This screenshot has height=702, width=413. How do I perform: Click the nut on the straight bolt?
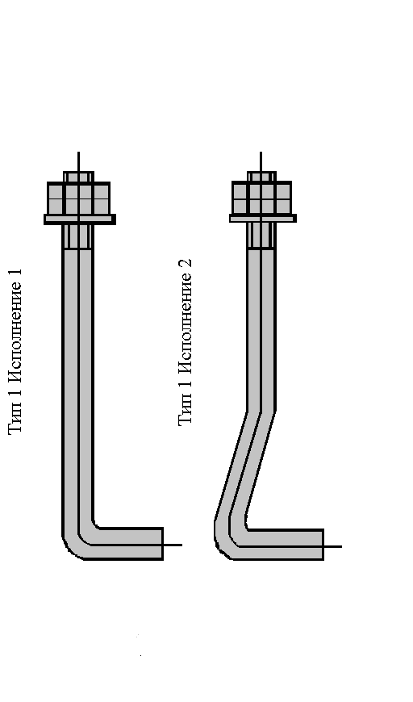click(79, 198)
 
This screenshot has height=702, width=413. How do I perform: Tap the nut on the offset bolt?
click(262, 198)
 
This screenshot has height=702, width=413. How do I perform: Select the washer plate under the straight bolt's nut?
click(80, 219)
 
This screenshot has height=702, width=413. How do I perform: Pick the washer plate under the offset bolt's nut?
click(263, 219)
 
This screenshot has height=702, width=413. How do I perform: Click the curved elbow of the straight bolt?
click(77, 542)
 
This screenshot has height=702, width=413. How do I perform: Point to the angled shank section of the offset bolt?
click(245, 466)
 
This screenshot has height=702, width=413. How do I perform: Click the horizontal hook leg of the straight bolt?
click(130, 544)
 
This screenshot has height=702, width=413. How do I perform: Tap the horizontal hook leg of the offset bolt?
click(286, 545)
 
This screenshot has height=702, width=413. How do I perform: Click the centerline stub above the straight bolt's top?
click(79, 161)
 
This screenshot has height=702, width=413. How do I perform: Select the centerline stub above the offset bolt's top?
click(261, 161)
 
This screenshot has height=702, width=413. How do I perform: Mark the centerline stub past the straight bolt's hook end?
click(173, 545)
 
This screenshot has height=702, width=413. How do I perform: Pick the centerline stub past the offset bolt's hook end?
click(333, 546)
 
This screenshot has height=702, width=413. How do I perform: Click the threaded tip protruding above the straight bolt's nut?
click(79, 177)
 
